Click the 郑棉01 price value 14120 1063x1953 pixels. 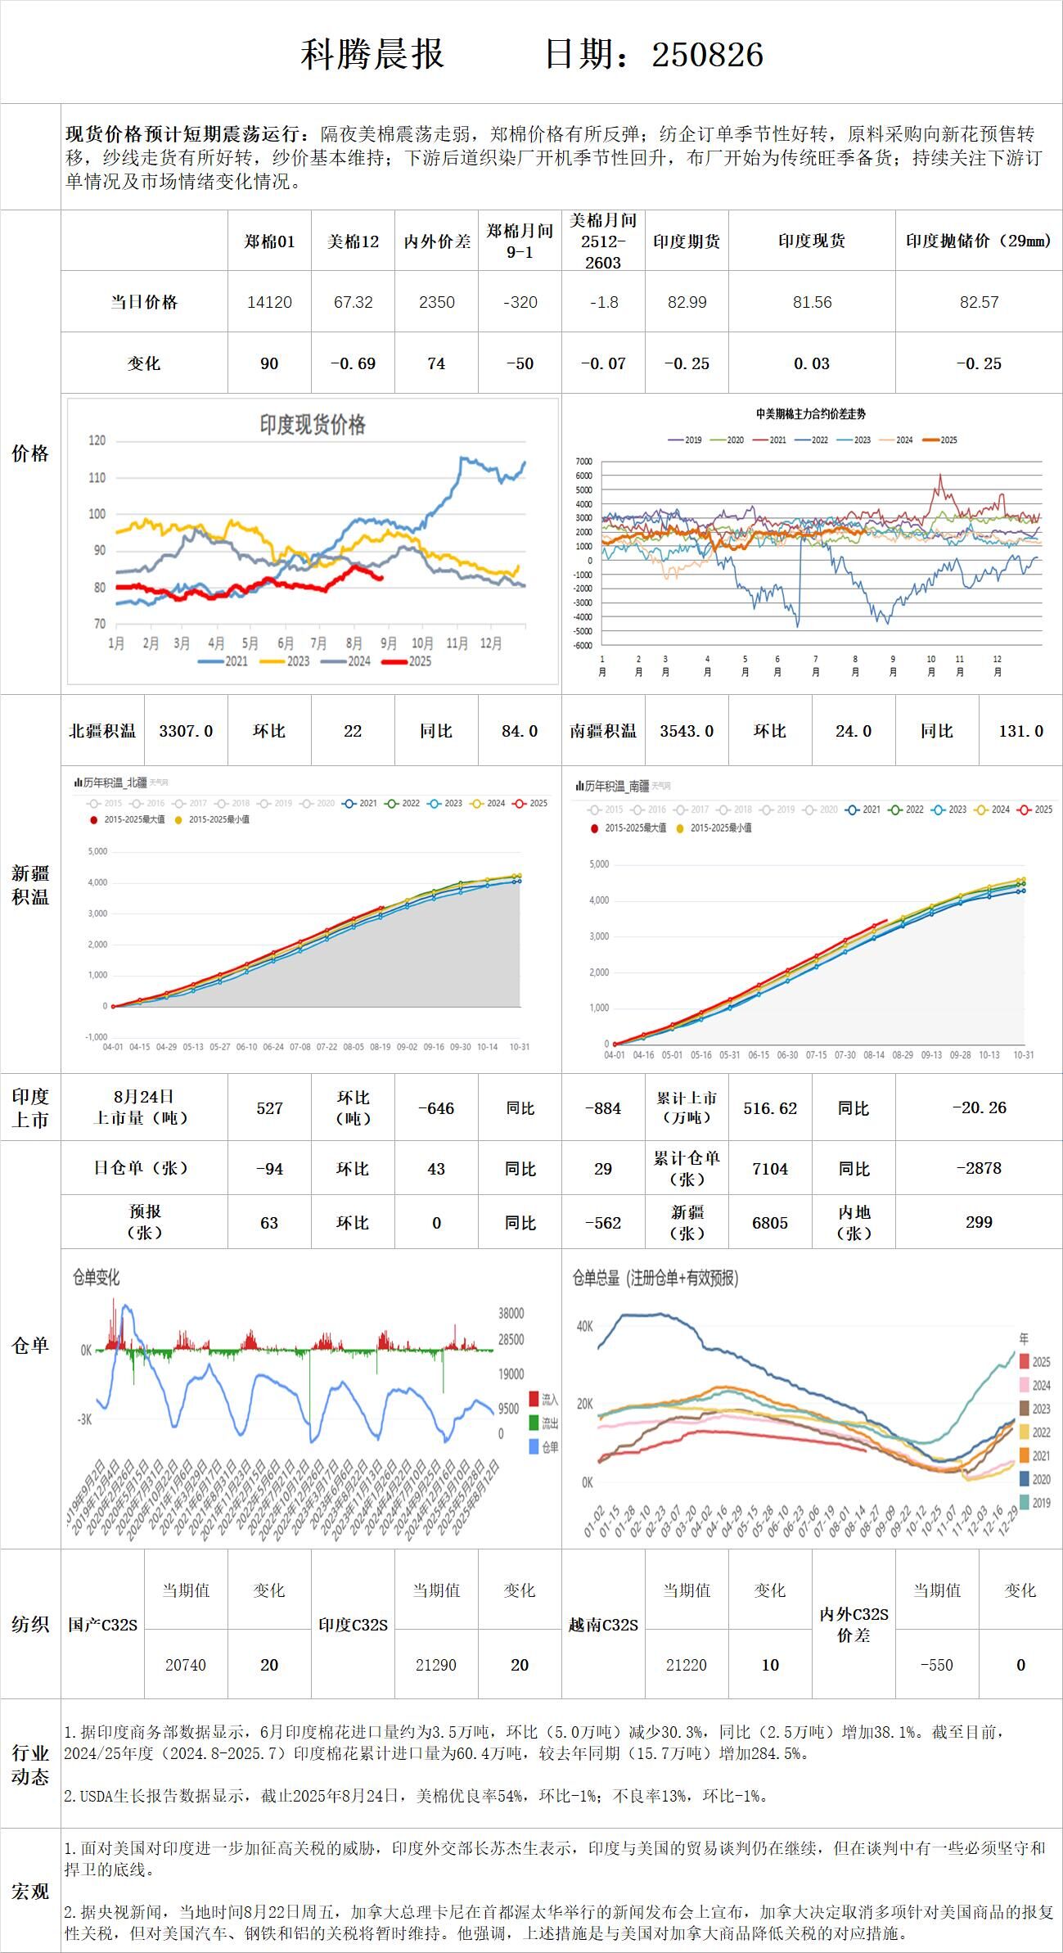click(269, 302)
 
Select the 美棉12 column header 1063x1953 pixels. click(353, 241)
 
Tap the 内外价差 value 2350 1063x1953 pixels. click(436, 302)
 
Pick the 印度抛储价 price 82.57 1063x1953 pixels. click(979, 302)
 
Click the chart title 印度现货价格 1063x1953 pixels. click(313, 424)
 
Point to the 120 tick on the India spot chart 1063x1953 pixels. click(97, 440)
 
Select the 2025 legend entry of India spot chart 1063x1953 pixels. click(409, 661)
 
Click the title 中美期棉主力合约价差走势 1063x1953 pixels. click(811, 414)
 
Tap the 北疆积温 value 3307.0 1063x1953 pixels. click(186, 731)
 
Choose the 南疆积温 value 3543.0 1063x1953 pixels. click(687, 731)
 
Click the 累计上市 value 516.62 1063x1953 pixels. click(770, 1108)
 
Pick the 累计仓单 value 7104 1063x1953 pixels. click(770, 1169)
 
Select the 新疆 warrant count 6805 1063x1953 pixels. click(770, 1223)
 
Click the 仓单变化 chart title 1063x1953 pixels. click(97, 1277)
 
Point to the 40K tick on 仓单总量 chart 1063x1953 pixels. click(584, 1326)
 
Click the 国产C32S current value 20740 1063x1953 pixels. click(186, 1665)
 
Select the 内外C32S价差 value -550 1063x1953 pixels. click(936, 1665)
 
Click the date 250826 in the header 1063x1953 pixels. click(708, 55)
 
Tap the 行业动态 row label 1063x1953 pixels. click(30, 1765)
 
